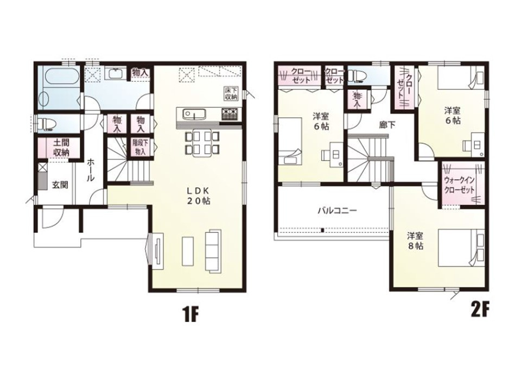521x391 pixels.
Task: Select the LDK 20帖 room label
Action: (198, 196)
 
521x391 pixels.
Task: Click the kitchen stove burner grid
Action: (231, 115)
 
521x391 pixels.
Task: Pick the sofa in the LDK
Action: (213, 250)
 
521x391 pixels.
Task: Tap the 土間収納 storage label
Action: (61, 148)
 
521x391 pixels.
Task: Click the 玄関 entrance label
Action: (60, 185)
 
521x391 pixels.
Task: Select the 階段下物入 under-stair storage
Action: (139, 147)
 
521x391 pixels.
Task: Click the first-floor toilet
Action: (47, 124)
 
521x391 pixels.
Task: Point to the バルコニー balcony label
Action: (337, 211)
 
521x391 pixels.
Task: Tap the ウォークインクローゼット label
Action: (460, 185)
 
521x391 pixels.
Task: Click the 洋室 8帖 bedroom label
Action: (415, 241)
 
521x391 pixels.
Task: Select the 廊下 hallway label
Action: (387, 125)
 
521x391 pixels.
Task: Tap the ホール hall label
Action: (91, 169)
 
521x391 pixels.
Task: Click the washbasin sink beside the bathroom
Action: (115, 73)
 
